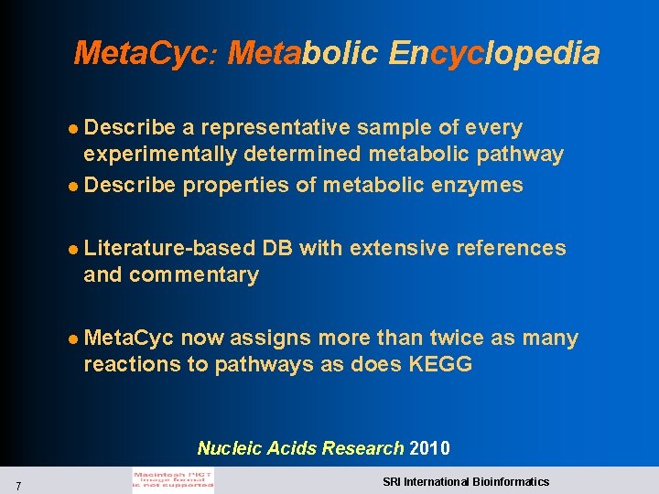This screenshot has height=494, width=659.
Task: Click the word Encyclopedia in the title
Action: click(x=494, y=53)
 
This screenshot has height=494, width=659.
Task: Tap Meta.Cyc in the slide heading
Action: click(x=142, y=53)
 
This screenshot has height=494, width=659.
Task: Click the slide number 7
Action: click(x=19, y=484)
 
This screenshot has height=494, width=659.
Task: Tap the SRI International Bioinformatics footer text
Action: click(x=466, y=481)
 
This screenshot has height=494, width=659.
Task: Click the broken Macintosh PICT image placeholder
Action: click(x=172, y=481)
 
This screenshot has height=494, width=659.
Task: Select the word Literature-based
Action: click(x=169, y=248)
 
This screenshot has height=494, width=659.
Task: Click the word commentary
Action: click(x=194, y=274)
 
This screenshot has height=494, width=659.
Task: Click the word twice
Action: click(x=457, y=338)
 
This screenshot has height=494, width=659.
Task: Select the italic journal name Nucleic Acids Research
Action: click(x=300, y=448)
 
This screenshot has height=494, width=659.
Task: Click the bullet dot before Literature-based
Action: click(x=75, y=249)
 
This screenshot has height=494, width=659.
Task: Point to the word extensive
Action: click(x=385, y=248)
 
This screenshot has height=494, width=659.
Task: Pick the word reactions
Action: click(x=132, y=364)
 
